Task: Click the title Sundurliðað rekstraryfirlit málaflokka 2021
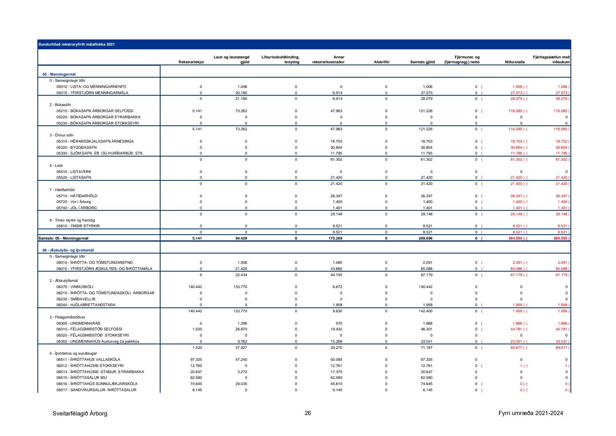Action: tap(76, 44)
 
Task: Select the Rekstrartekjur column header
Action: tap(191, 62)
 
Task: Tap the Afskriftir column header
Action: tap(382, 62)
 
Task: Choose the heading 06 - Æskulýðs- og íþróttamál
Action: tap(69, 250)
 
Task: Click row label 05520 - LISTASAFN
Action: tap(74, 178)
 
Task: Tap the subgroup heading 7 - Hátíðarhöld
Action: tap(62, 190)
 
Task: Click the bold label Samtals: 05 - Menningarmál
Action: tap(63, 238)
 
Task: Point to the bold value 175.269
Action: tap(335, 238)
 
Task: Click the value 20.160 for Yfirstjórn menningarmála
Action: tap(241, 93)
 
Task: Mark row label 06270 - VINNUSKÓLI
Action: tap(75, 287)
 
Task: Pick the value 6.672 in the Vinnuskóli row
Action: tap(337, 287)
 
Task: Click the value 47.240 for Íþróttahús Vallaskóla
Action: tap(241, 360)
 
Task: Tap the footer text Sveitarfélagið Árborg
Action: tap(80, 413)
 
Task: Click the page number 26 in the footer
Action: tap(308, 413)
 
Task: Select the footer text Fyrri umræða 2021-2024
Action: tap(530, 413)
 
